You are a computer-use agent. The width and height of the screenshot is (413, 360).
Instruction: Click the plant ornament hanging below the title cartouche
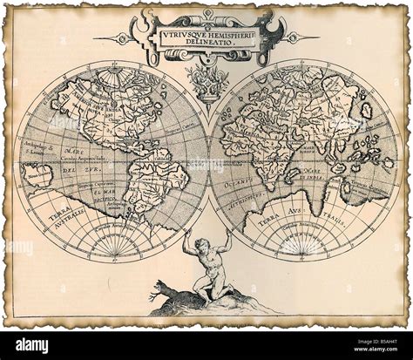pos(206,81)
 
